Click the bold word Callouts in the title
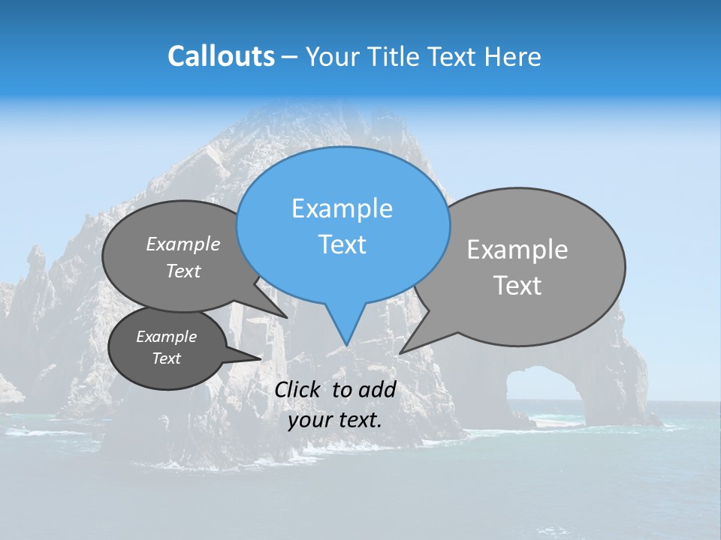pos(221,56)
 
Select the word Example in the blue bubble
pos(342,208)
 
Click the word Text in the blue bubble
pos(342,244)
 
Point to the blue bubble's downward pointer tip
pos(346,345)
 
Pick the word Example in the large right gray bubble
pos(517,250)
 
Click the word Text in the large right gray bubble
pos(517,286)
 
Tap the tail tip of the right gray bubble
pos(400,352)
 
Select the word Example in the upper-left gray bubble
pos(183,244)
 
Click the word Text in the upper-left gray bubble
pos(183,271)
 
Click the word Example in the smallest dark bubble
pos(166,337)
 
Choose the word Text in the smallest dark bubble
pos(166,358)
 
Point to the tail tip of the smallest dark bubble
pos(261,358)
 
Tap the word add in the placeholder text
pos(376,389)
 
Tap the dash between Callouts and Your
pos(290,57)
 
